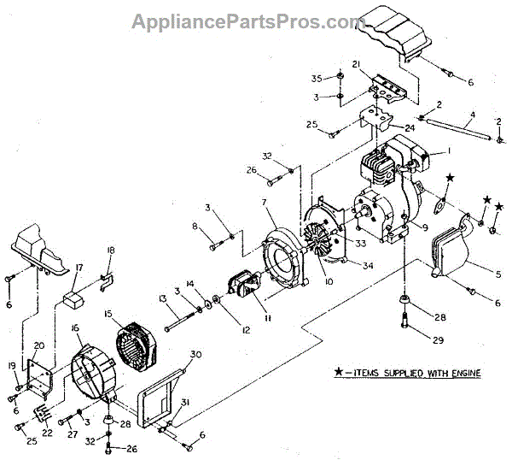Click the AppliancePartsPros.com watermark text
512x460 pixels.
[248, 21]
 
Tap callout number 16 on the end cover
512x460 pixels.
[75, 327]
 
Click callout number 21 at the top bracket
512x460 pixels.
[357, 64]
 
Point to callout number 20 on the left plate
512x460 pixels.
[38, 345]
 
